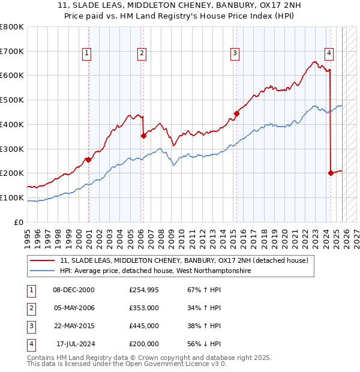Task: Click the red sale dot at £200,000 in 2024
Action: coord(331,173)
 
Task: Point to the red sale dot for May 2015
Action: coord(236,113)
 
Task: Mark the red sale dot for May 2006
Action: coord(143,136)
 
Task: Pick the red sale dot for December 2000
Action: coord(88,160)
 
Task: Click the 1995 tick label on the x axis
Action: coord(28,236)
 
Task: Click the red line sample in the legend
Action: coord(43,261)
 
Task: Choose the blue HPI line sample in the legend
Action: coord(43,271)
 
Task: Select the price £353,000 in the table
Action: coord(144,308)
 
